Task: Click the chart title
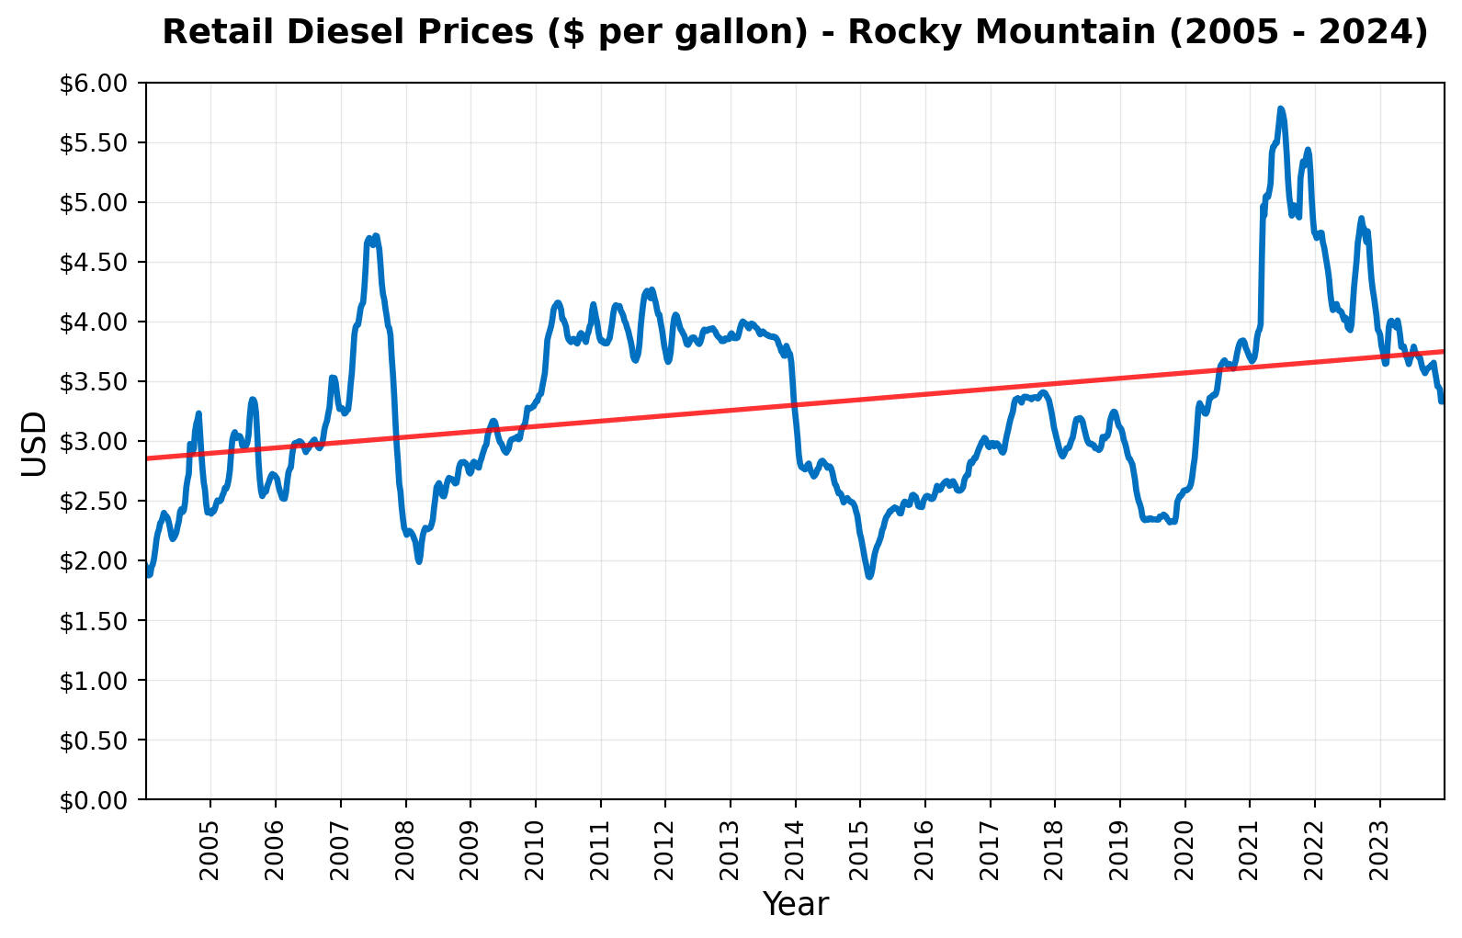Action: tap(795, 32)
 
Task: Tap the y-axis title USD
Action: tap(33, 443)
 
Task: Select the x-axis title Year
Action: tap(795, 905)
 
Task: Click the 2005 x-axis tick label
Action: tap(210, 832)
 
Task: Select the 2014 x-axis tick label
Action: tap(796, 832)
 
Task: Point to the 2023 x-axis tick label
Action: tap(1380, 832)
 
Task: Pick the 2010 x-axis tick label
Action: tap(536, 832)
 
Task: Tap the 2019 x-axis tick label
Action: tap(1120, 832)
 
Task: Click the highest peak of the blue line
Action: tap(1280, 108)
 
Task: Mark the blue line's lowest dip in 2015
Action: tap(868, 577)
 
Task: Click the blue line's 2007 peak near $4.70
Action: tap(376, 236)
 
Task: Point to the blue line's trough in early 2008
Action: tap(419, 560)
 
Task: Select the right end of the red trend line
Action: tap(1444, 351)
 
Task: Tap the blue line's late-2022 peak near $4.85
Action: tap(1361, 219)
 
